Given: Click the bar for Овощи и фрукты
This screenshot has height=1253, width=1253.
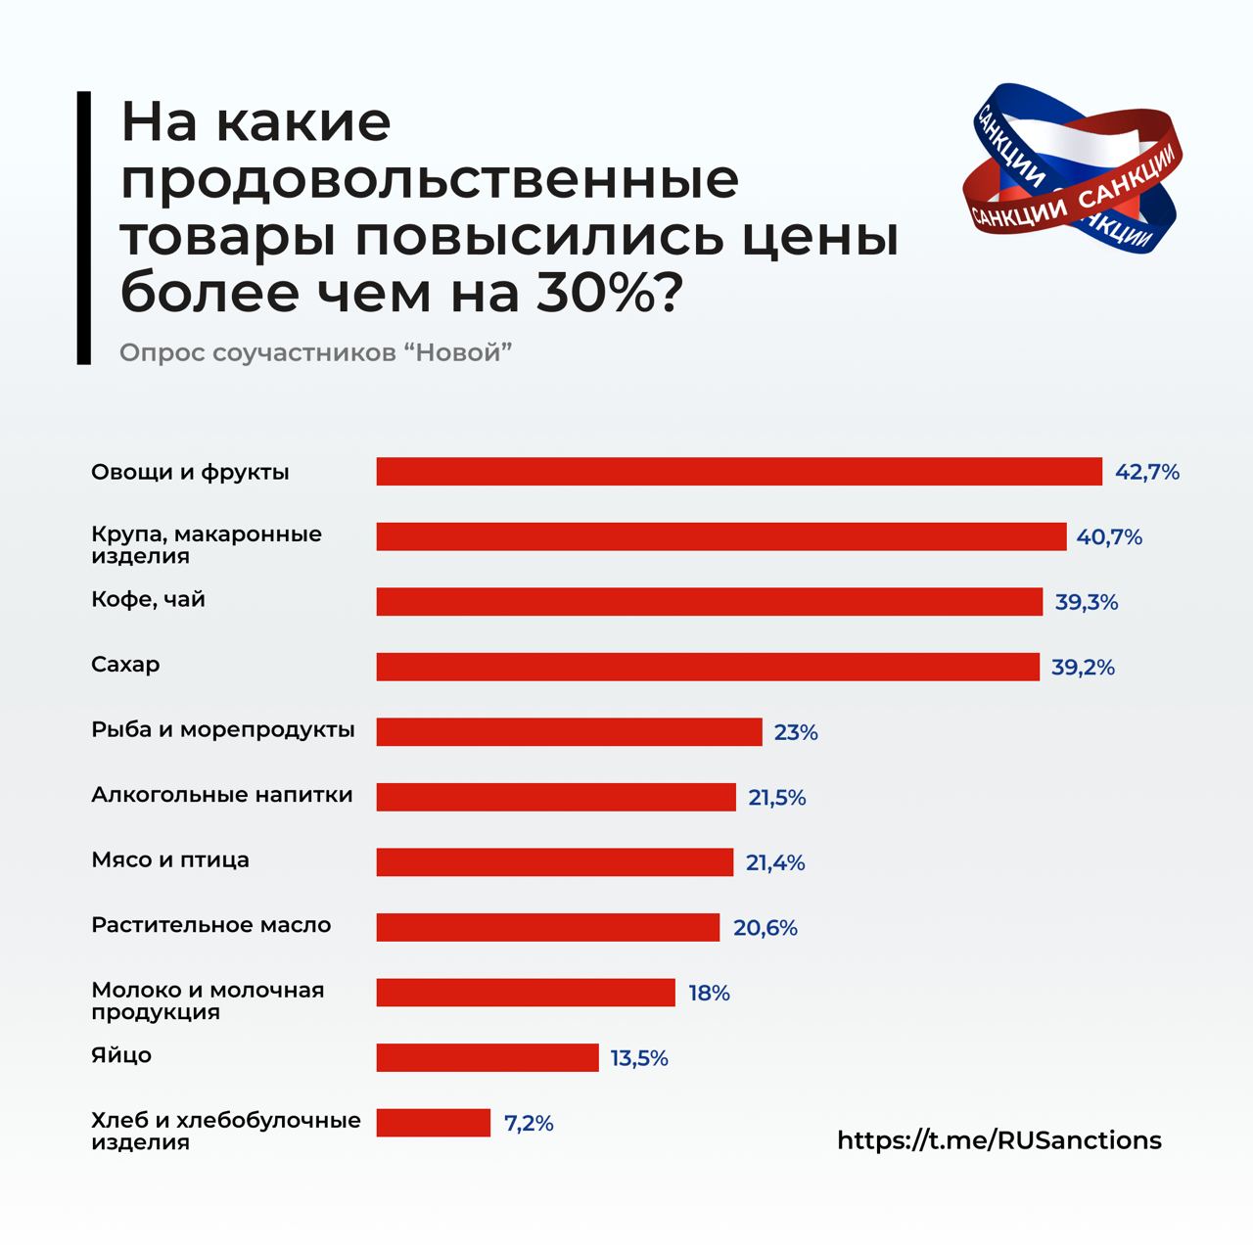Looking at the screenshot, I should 739,472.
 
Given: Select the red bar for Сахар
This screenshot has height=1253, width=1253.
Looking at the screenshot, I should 708,667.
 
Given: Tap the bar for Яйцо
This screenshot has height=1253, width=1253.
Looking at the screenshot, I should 487,1057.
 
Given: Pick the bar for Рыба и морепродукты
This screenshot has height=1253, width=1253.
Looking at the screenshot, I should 569,732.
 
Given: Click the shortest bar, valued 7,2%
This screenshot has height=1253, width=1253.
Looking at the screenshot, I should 433,1123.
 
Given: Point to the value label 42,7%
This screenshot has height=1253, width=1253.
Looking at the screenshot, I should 1147,473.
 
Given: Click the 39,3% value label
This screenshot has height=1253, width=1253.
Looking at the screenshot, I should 1086,603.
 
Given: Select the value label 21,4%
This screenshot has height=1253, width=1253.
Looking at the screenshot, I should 775,862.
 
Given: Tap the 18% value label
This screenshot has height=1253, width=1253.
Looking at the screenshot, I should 709,993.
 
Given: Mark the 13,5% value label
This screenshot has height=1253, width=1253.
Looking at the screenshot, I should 639,1058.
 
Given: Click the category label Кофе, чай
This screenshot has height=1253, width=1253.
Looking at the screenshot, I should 148,599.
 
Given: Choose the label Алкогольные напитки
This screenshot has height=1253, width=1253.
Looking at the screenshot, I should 221,795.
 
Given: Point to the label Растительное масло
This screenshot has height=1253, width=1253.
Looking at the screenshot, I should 210,925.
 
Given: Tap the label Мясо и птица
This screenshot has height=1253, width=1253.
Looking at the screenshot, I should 170,860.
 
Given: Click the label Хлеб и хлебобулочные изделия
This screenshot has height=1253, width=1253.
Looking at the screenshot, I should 225,1131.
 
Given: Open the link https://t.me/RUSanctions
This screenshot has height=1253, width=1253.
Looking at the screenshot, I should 999,1140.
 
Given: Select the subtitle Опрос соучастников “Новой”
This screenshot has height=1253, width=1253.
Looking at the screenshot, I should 316,352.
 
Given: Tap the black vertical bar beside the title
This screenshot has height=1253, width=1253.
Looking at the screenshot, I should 83,228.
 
